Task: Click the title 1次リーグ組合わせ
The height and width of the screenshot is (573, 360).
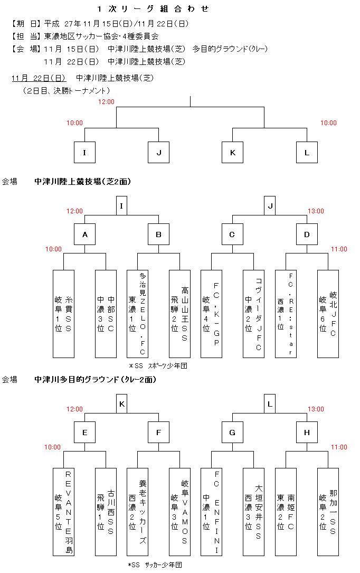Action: [x=153, y=9]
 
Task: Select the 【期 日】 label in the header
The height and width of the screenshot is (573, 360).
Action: [x=26, y=24]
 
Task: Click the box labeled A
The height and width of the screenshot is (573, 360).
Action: [x=84, y=234]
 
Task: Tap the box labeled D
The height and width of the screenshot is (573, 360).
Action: [x=307, y=234]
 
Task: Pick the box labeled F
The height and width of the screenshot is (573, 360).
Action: [x=158, y=433]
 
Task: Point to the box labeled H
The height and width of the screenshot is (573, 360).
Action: [x=307, y=433]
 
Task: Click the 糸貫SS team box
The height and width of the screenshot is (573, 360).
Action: [x=63, y=314]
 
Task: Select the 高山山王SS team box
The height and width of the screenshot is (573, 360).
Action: [x=179, y=314]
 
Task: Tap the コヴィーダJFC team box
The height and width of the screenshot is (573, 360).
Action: [x=253, y=314]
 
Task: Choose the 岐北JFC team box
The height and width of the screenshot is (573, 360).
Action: [x=328, y=314]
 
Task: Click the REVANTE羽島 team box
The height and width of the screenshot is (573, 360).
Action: [x=63, y=512]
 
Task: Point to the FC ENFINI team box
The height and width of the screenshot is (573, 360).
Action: [x=211, y=512]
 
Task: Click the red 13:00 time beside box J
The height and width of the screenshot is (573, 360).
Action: [x=316, y=211]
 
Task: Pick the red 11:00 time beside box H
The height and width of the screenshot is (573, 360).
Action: [x=339, y=447]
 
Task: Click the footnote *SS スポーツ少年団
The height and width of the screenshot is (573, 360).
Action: [x=158, y=365]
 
